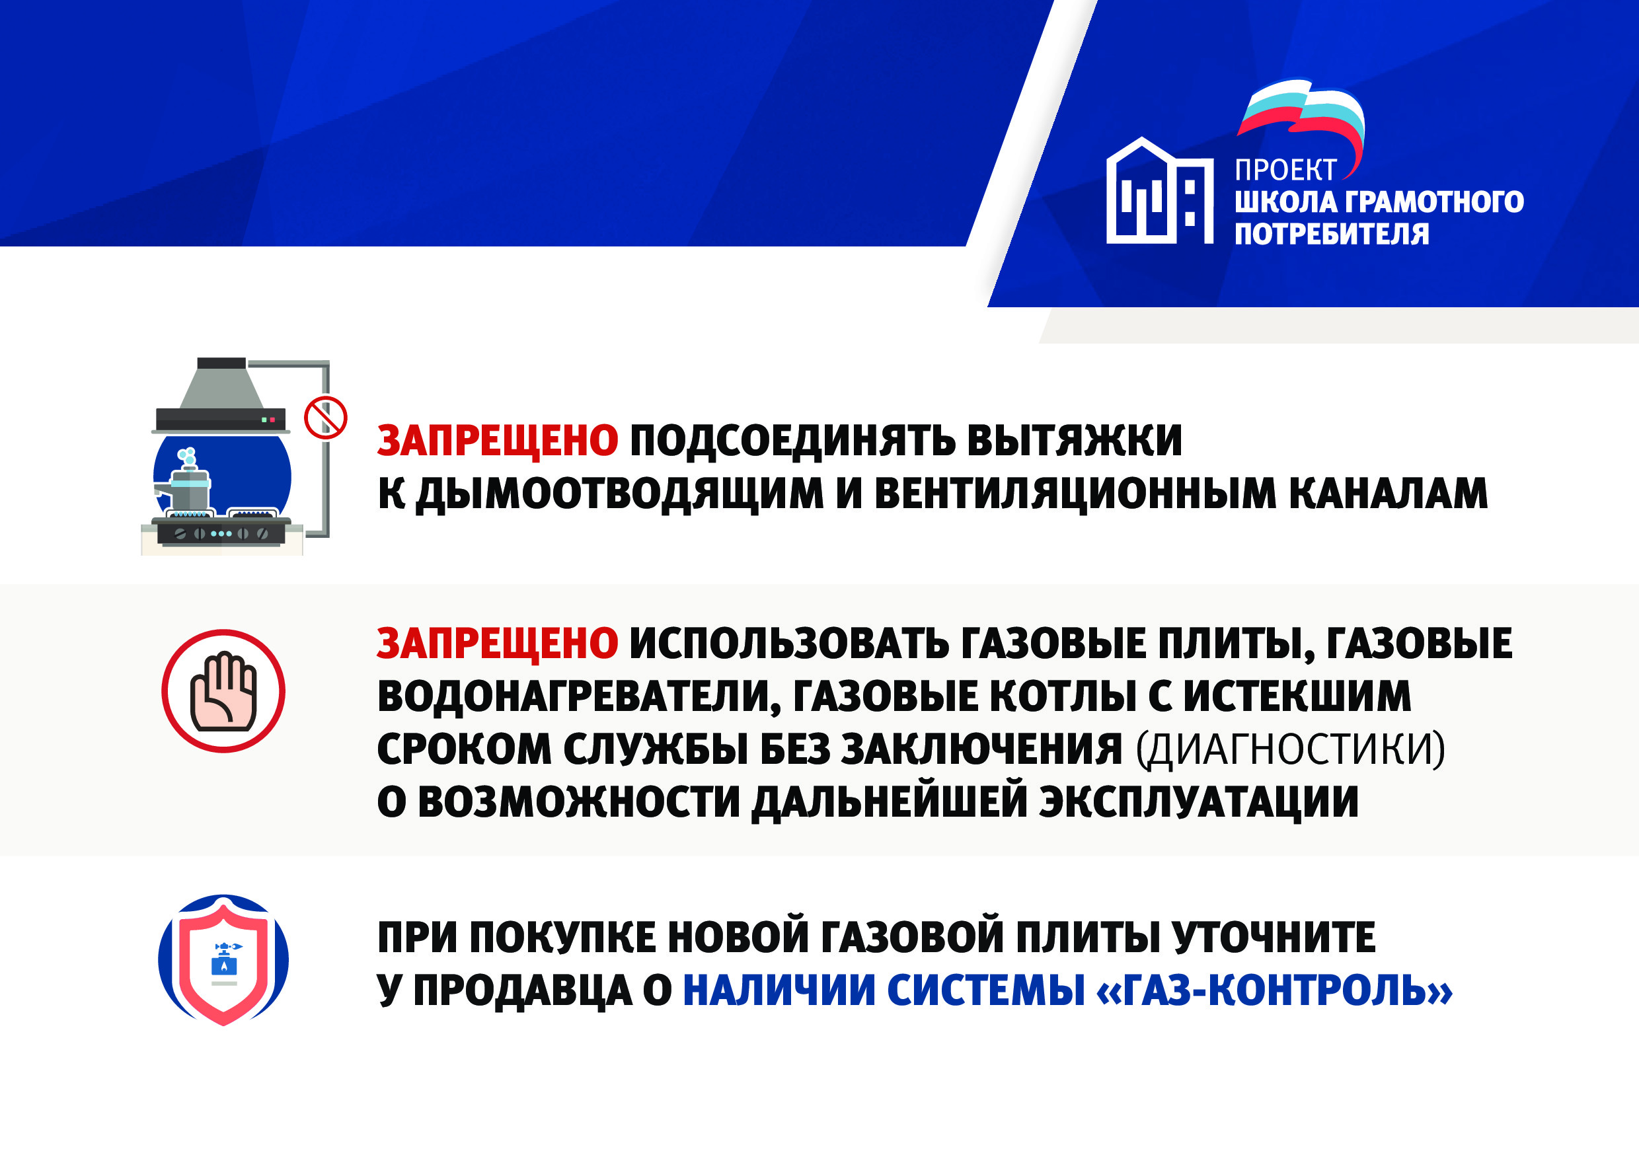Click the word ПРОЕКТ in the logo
1285,170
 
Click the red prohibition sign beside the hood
326,418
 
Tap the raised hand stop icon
223,691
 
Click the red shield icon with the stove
223,960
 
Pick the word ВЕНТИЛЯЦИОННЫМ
1075,494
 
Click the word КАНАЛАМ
1389,494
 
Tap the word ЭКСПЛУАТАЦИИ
1199,801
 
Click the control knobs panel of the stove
222,533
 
